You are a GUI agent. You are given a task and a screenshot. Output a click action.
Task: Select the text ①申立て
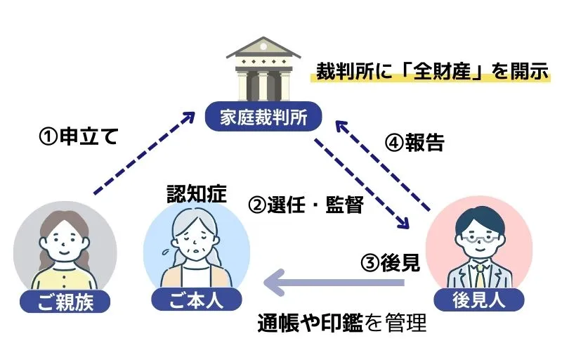pos(77,136)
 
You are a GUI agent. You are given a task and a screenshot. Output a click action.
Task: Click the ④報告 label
pos(414,142)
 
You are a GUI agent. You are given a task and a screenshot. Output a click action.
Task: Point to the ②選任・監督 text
pos(306,205)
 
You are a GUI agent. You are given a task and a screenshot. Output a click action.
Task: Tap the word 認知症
pos(196,193)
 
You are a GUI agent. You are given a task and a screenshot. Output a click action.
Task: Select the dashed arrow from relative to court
pos(144,151)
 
